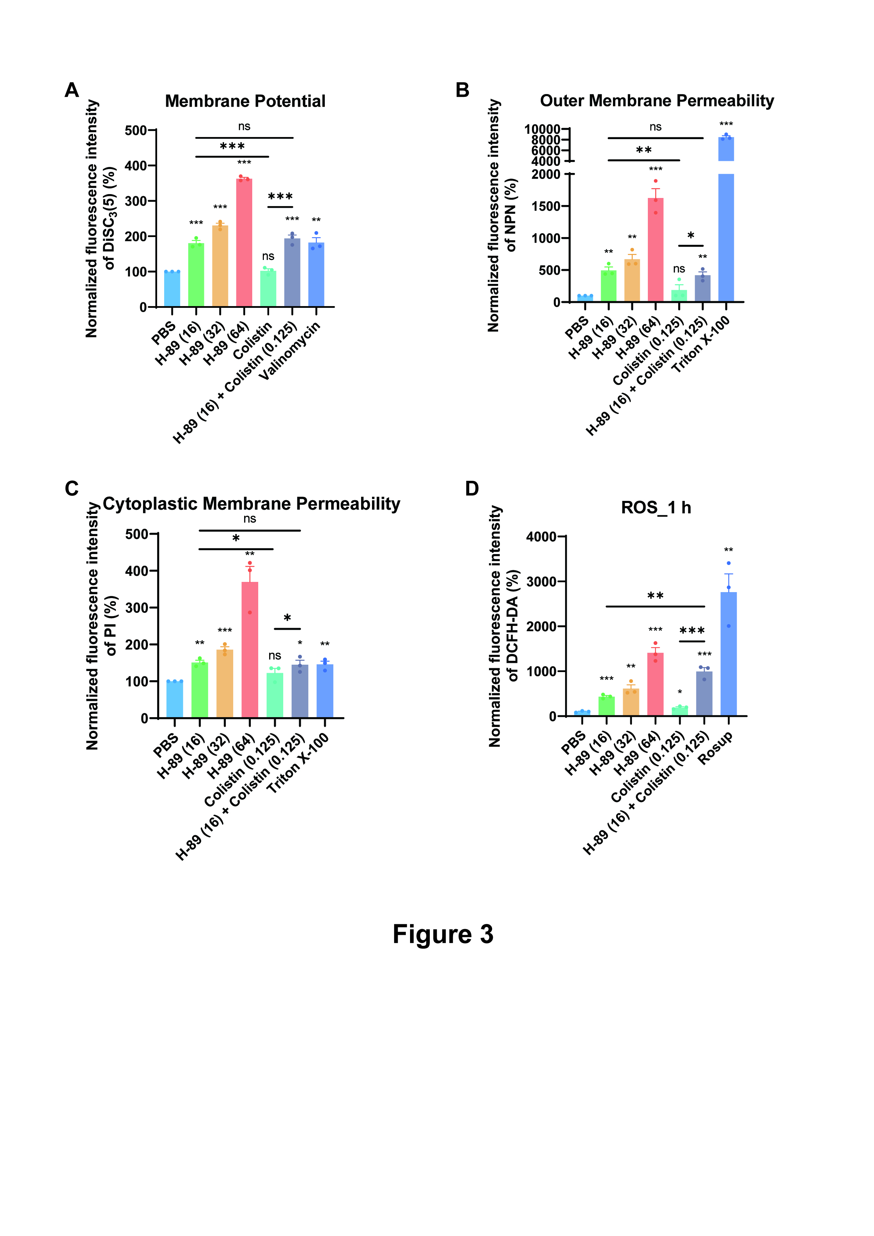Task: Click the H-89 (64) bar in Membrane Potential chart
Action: click(244, 242)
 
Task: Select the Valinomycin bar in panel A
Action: click(316, 274)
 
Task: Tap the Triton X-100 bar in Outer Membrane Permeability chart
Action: click(726, 237)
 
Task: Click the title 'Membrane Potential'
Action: click(245, 101)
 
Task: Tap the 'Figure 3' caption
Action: click(443, 934)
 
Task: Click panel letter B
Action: click(462, 90)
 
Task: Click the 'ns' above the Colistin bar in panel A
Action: click(268, 256)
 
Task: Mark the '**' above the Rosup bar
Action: click(729, 549)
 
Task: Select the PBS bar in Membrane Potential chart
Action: click(172, 289)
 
